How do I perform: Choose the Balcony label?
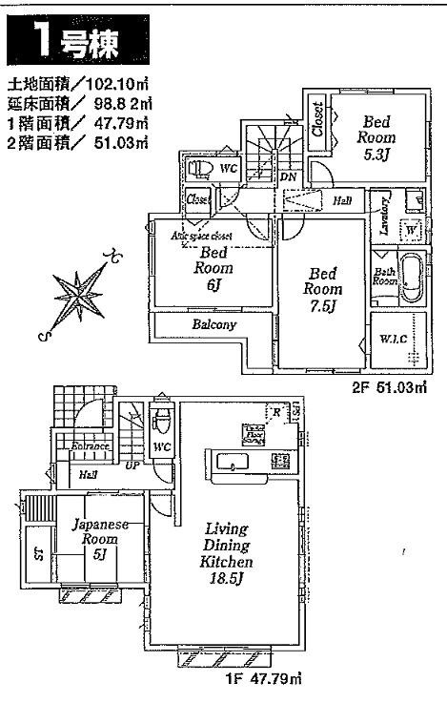(214, 325)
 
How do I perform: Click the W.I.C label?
(393, 340)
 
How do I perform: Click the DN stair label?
(287, 178)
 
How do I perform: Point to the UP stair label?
(133, 465)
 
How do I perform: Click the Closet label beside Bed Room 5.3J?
(317, 121)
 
